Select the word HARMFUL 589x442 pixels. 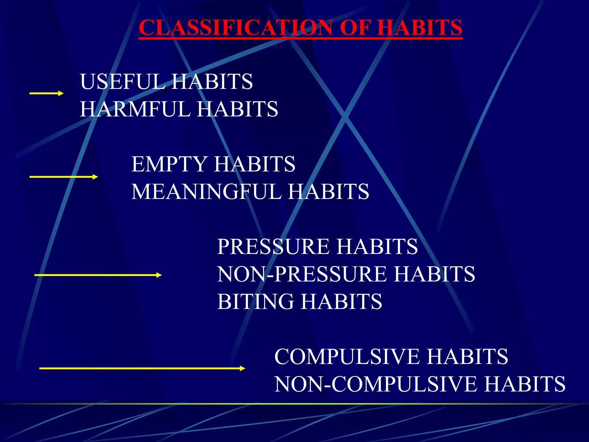135,109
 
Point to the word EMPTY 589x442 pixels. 169,164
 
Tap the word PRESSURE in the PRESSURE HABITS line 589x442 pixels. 273,247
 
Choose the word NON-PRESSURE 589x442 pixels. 302,274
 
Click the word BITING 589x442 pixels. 256,302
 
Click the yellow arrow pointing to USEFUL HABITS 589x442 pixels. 46,93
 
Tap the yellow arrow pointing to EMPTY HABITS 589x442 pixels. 64,177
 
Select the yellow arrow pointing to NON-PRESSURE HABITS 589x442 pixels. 98,275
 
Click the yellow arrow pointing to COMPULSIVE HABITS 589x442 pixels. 142,368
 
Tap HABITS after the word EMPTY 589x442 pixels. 255,164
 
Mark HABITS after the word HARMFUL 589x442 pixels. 237,109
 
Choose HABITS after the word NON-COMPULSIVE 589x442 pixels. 525,384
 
